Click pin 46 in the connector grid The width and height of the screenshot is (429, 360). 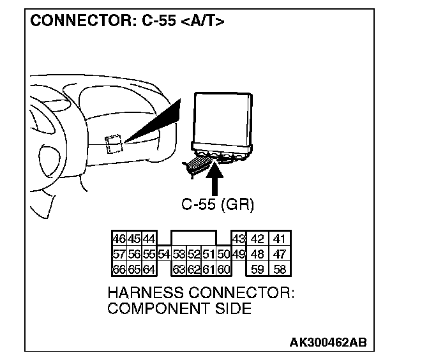pyautogui.click(x=118, y=239)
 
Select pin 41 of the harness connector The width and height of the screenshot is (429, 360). pyautogui.click(x=278, y=239)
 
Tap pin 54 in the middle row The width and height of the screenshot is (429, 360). pyautogui.click(x=163, y=255)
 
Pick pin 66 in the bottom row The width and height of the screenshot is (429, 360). pyautogui.click(x=118, y=269)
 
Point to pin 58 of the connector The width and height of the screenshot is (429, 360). pyautogui.click(x=278, y=269)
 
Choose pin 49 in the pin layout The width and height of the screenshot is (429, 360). pyautogui.click(x=238, y=255)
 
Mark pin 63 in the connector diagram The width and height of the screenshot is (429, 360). pyautogui.click(x=179, y=269)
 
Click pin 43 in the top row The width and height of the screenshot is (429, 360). pyautogui.click(x=238, y=239)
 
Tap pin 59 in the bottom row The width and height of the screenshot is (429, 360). pyautogui.click(x=258, y=269)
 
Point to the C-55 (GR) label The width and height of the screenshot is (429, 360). pyautogui.click(x=218, y=205)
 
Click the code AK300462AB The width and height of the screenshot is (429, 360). pyautogui.click(x=328, y=343)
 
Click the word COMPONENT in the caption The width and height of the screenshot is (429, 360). pyautogui.click(x=151, y=309)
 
